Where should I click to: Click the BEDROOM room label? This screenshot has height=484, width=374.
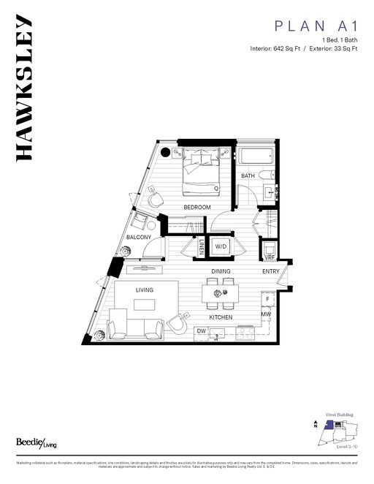[196, 208]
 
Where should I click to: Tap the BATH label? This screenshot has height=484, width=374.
[248, 176]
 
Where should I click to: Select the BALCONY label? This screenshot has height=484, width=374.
[139, 238]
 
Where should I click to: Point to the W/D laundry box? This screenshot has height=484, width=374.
[220, 246]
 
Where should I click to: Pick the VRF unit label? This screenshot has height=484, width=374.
[269, 257]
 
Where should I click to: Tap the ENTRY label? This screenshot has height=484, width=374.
[271, 271]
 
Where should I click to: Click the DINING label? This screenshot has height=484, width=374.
[221, 271]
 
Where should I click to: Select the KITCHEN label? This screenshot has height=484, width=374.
[221, 317]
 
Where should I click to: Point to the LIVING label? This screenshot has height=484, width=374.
[144, 290]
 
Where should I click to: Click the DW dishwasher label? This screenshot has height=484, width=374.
[201, 331]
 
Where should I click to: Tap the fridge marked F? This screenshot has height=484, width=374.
[268, 300]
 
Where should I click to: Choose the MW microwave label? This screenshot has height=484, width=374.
[267, 315]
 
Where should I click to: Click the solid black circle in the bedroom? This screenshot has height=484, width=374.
[166, 153]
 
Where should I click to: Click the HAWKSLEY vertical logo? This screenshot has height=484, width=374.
[23, 87]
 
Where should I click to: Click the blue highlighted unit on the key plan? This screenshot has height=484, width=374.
[329, 424]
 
